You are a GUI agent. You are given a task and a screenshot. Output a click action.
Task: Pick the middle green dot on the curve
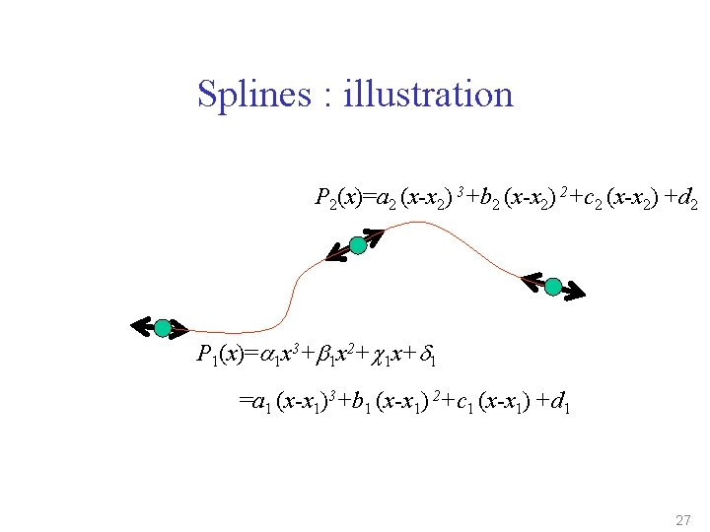click(358, 245)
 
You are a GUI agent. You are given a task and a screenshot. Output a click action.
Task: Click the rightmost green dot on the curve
click(553, 287)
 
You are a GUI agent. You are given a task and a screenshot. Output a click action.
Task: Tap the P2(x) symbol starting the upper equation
click(336, 200)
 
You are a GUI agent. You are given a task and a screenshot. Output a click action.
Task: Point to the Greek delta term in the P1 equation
click(428, 355)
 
